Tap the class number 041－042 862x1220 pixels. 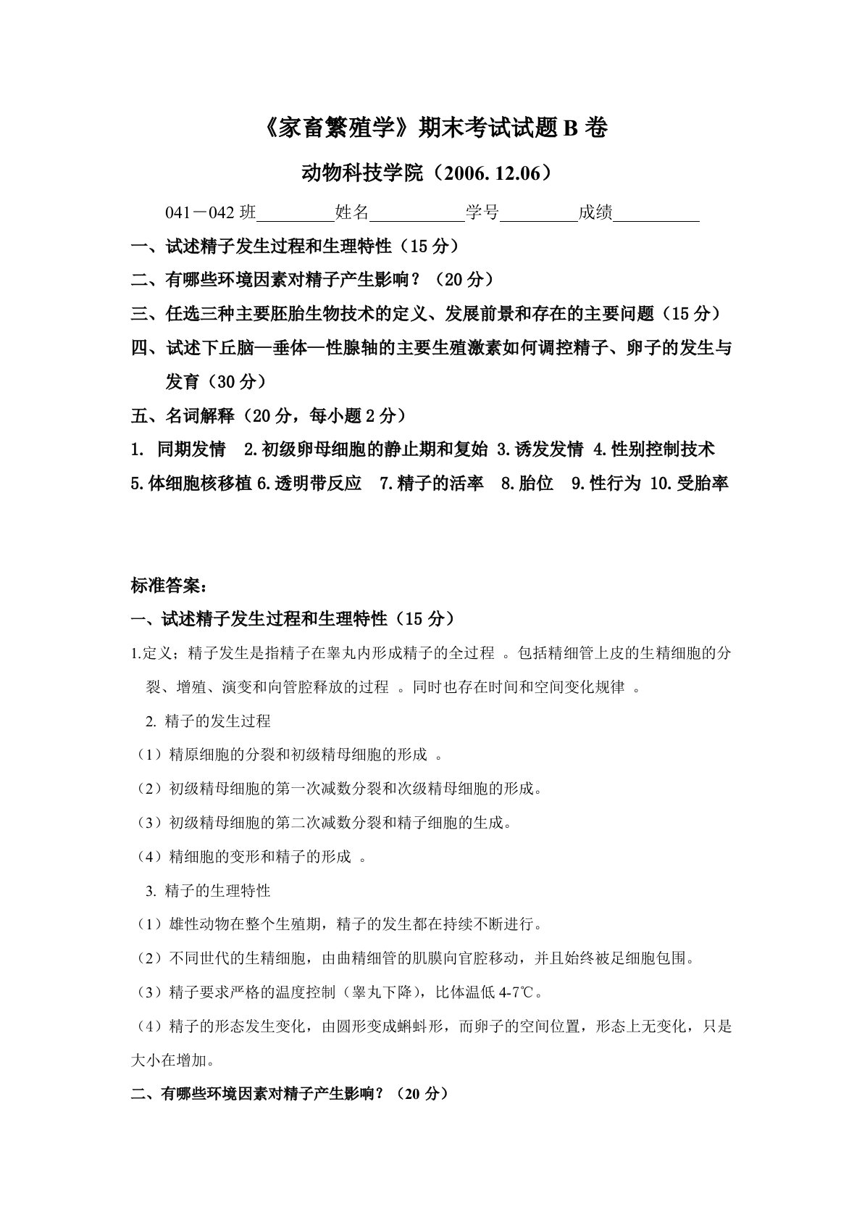(200, 212)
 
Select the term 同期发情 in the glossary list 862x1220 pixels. (191, 449)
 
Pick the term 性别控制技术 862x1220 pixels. (662, 449)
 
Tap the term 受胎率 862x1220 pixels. (701, 484)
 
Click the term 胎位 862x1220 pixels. (536, 484)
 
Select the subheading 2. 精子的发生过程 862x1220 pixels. (208, 721)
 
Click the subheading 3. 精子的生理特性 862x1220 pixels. (208, 890)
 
